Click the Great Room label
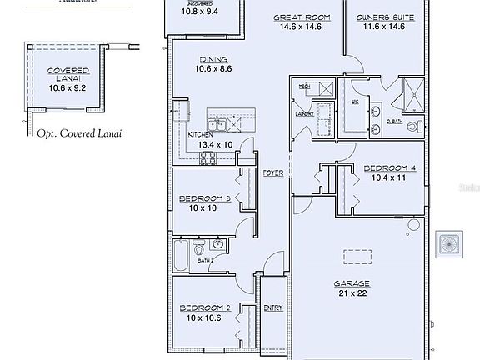click(302, 17)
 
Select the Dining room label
click(209, 59)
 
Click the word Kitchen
click(200, 134)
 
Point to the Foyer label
click(272, 172)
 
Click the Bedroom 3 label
click(204, 197)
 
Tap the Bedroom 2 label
click(204, 307)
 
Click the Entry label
click(272, 307)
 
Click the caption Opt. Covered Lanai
click(75, 132)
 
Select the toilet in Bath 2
click(199, 247)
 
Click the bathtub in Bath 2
click(181, 255)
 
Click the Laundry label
click(302, 114)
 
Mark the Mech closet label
click(304, 86)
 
